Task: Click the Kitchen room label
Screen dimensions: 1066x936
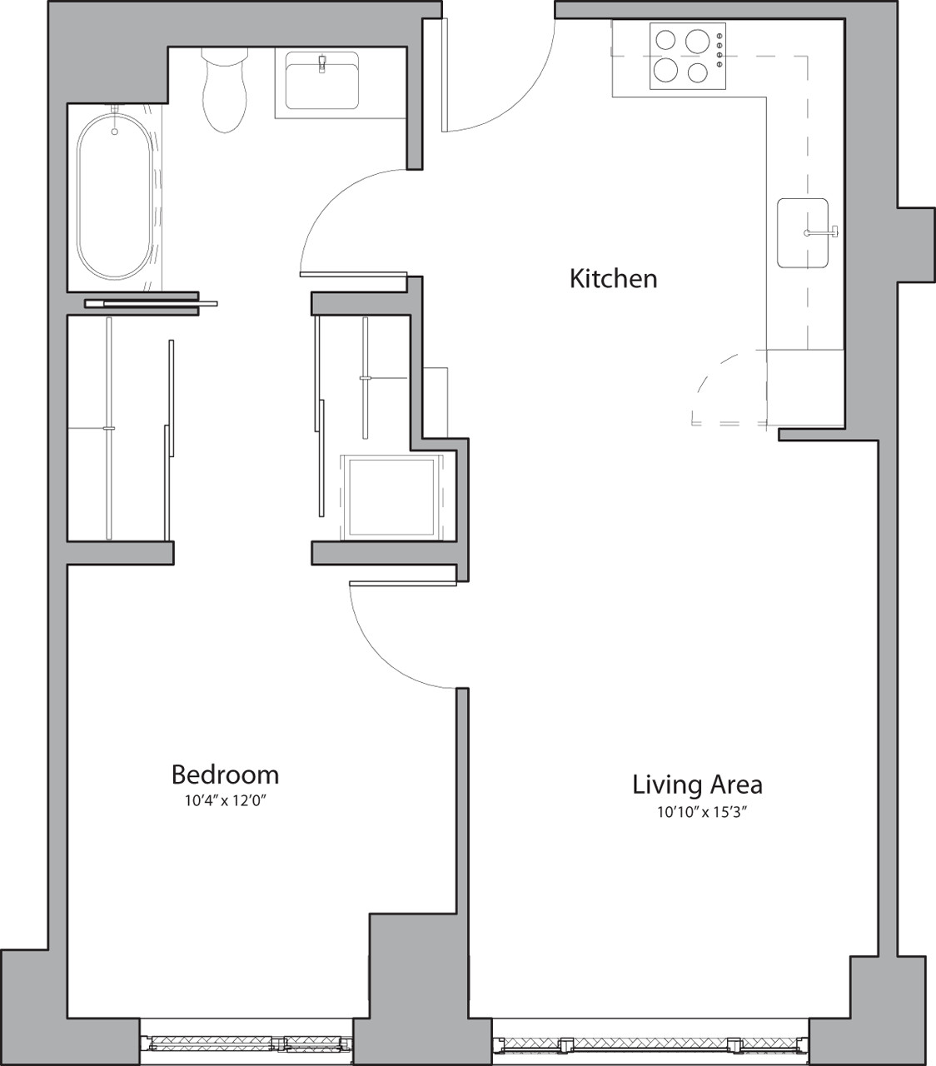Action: tap(613, 278)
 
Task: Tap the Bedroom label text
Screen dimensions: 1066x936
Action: tap(225, 775)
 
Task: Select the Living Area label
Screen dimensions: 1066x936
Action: tap(697, 785)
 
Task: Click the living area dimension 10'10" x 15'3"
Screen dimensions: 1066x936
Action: tap(699, 813)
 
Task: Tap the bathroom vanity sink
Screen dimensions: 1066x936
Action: tap(321, 81)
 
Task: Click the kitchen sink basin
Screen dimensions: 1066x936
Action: tap(801, 233)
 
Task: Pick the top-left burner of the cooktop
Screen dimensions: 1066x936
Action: tap(666, 40)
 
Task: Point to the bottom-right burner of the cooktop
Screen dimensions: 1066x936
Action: tap(698, 72)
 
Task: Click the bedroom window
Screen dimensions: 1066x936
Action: tap(246, 1042)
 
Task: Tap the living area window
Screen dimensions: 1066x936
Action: tap(650, 1044)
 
